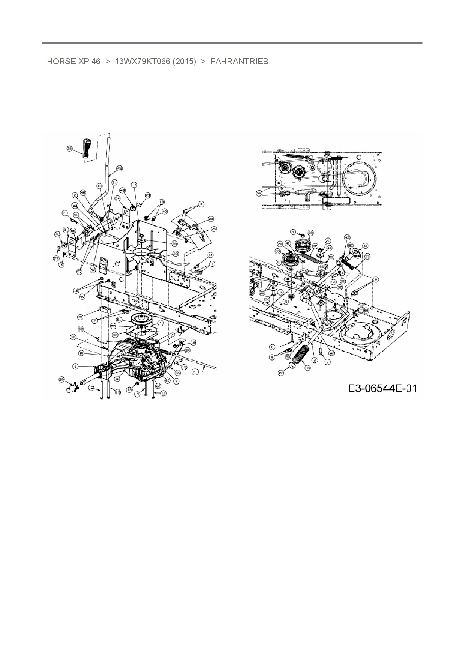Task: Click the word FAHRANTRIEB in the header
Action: pyautogui.click(x=239, y=62)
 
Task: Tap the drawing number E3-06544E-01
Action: pyautogui.click(x=382, y=388)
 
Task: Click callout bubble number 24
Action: pyautogui.click(x=70, y=149)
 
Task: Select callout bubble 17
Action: pyautogui.click(x=134, y=185)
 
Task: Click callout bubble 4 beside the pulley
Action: pyautogui.click(x=160, y=323)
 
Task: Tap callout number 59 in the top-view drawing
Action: pyautogui.click(x=259, y=193)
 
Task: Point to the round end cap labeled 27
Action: pyautogui.click(x=292, y=366)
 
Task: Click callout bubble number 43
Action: pyautogui.click(x=347, y=237)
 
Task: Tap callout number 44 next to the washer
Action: pyautogui.click(x=329, y=248)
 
